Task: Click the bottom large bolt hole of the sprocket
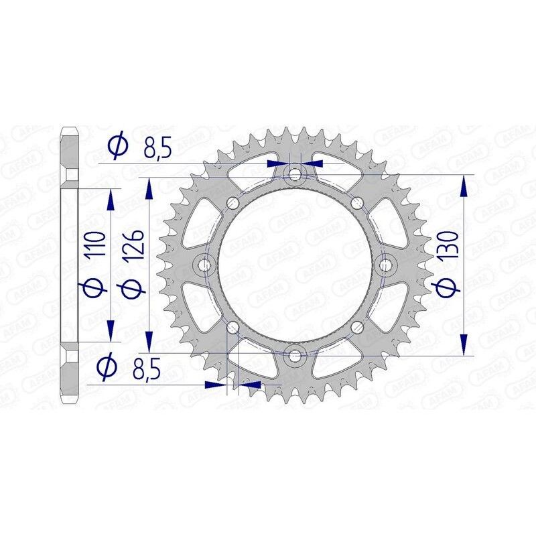point(295,356)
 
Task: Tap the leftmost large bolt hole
point(204,266)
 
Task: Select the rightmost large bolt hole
point(386,266)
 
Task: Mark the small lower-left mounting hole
point(233,328)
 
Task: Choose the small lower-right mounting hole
point(356,328)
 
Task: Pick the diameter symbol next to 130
point(447,287)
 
